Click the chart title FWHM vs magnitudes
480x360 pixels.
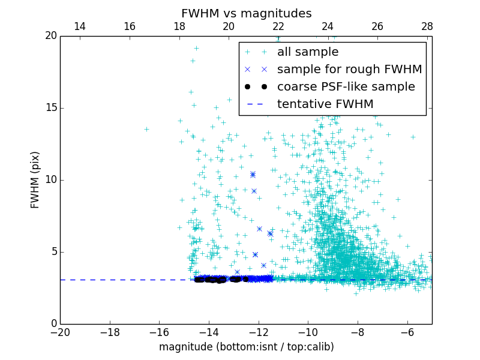246,13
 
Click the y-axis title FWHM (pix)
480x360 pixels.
35,179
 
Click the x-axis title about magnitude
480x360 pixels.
246,347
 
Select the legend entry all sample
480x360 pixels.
307,52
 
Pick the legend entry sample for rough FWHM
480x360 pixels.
349,70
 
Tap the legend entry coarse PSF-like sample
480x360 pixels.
346,87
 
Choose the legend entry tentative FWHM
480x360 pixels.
325,104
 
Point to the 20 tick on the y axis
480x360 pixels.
50,36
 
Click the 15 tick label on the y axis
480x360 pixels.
50,108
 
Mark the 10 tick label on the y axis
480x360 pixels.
50,180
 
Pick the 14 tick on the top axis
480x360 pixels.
80,26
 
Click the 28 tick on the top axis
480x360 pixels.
427,26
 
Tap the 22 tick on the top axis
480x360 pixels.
278,26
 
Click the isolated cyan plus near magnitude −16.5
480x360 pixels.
146,129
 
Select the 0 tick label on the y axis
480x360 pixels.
53,324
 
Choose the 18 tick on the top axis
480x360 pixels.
179,26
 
